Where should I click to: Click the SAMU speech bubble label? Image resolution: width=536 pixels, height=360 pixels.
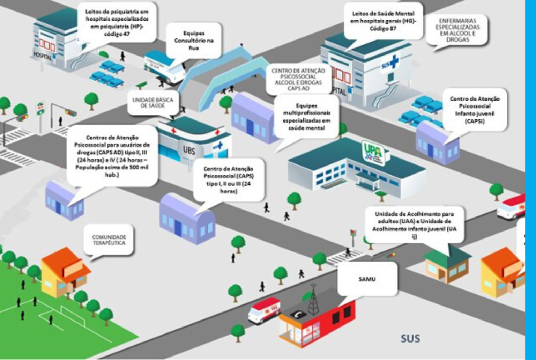[367, 279]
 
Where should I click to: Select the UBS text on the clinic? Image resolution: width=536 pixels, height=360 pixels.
[189, 150]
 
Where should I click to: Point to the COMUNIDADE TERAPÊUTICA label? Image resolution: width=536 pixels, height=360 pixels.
[109, 240]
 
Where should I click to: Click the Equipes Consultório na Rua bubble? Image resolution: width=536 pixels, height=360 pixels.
[194, 41]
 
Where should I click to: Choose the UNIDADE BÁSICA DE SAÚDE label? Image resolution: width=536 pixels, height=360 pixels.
[153, 103]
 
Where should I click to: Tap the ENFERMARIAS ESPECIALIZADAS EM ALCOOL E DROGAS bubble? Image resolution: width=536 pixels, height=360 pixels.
[457, 30]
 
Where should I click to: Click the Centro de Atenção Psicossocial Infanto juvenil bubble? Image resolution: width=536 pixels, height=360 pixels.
[474, 110]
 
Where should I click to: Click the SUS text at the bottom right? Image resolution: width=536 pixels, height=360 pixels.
[410, 338]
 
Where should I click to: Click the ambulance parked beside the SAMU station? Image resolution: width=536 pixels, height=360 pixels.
[264, 309]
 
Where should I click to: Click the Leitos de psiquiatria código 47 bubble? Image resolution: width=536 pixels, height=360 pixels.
[117, 23]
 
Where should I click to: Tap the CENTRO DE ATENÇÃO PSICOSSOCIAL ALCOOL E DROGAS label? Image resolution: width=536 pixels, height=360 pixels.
[298, 80]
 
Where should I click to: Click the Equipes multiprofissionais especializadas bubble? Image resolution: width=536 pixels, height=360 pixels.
[306, 117]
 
